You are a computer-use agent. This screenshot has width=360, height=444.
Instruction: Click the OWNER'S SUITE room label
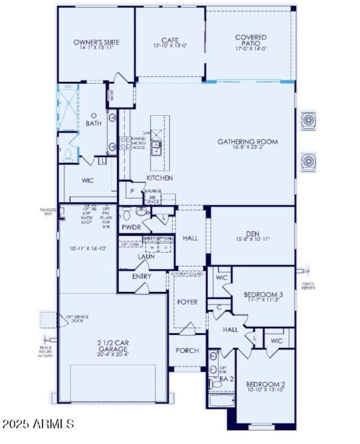96,42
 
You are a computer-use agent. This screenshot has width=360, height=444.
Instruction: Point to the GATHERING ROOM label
247,142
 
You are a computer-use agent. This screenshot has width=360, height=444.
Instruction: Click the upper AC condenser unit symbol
308,120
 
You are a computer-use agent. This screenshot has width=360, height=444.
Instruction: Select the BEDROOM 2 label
265,385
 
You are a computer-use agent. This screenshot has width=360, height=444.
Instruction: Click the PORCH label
187,350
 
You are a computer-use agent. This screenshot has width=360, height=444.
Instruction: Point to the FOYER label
187,302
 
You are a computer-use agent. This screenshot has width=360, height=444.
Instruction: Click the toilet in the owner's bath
68,155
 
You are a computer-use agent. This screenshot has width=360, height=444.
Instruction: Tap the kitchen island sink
156,145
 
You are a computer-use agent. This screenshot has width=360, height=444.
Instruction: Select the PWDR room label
131,227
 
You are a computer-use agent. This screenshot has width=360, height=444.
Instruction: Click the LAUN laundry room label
146,256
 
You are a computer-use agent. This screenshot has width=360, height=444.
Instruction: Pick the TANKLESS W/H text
48,211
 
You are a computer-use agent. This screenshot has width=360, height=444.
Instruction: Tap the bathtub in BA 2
221,400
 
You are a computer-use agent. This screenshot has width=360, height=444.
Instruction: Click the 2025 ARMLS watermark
38,423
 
